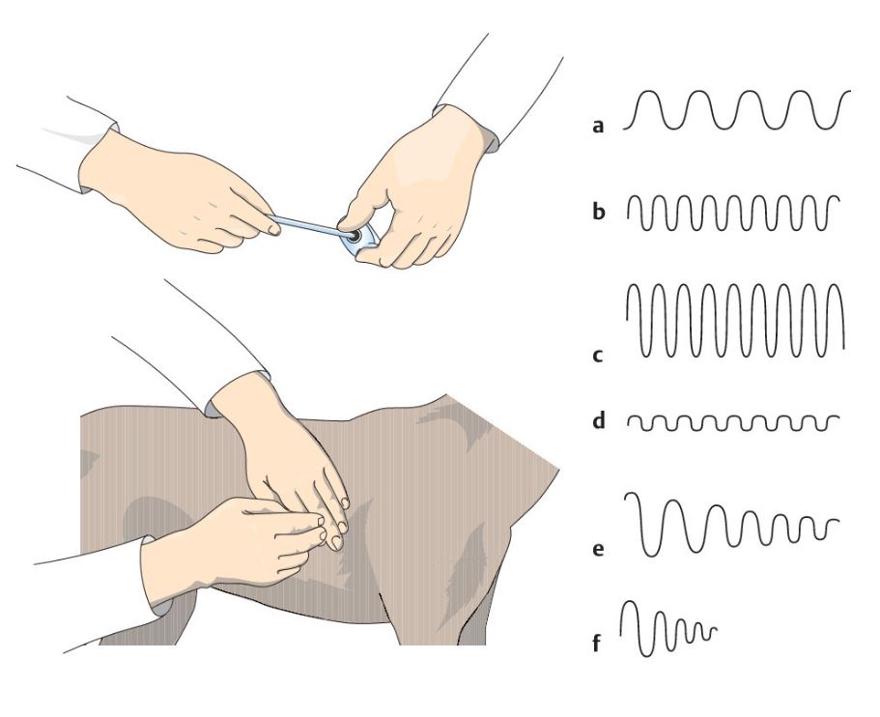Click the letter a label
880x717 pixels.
(x=598, y=127)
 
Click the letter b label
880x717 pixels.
(x=599, y=212)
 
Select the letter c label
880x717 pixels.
(x=598, y=356)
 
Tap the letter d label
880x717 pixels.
(x=599, y=420)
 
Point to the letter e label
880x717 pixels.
(x=598, y=549)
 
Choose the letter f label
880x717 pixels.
(x=597, y=644)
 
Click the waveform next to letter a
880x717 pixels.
(x=737, y=109)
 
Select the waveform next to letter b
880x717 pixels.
(x=733, y=213)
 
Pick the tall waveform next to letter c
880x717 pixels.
(x=735, y=321)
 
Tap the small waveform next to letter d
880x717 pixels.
(x=733, y=423)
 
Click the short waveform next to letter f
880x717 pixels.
(x=667, y=629)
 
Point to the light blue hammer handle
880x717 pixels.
(x=307, y=226)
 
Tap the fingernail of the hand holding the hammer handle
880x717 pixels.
(x=274, y=229)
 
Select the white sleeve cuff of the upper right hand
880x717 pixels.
(x=466, y=127)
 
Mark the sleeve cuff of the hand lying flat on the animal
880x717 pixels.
(x=236, y=393)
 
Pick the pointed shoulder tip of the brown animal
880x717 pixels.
(x=556, y=467)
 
